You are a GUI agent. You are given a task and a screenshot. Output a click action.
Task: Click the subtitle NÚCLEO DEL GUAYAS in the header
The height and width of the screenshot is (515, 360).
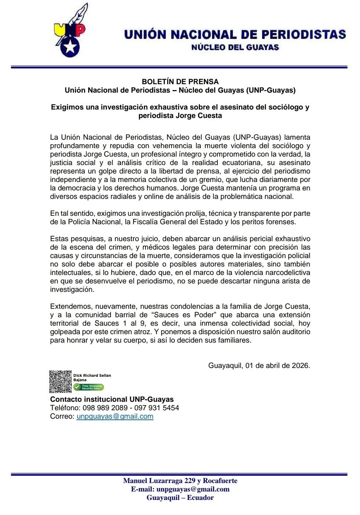point(235,47)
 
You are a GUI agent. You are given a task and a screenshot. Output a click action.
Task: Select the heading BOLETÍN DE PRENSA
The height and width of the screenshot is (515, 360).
point(180,82)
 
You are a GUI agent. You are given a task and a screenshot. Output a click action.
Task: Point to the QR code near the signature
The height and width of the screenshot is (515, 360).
point(60,382)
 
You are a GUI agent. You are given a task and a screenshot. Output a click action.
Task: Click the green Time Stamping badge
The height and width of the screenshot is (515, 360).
point(89,387)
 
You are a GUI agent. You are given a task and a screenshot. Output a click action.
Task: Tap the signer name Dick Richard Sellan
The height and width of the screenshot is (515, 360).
point(92,375)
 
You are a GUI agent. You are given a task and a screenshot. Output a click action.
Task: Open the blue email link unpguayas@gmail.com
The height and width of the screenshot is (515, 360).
point(115,416)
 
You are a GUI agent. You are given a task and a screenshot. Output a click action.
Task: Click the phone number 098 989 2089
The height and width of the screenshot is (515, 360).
point(105,408)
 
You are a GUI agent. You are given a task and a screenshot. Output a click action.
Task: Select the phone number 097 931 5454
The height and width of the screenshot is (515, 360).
point(156,408)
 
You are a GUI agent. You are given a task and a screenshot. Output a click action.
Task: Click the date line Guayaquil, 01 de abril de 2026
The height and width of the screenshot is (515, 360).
point(259,366)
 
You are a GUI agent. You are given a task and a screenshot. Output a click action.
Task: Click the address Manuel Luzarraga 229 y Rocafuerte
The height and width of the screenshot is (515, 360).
point(180,481)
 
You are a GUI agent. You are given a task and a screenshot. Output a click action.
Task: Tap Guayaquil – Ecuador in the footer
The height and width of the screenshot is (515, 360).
point(180,498)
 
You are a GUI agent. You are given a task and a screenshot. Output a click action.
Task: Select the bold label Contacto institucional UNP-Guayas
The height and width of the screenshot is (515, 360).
point(112,400)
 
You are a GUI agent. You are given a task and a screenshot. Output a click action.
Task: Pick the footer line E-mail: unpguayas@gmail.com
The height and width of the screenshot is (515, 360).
point(180,489)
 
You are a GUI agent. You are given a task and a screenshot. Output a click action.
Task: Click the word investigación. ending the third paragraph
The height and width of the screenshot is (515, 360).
point(72,290)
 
